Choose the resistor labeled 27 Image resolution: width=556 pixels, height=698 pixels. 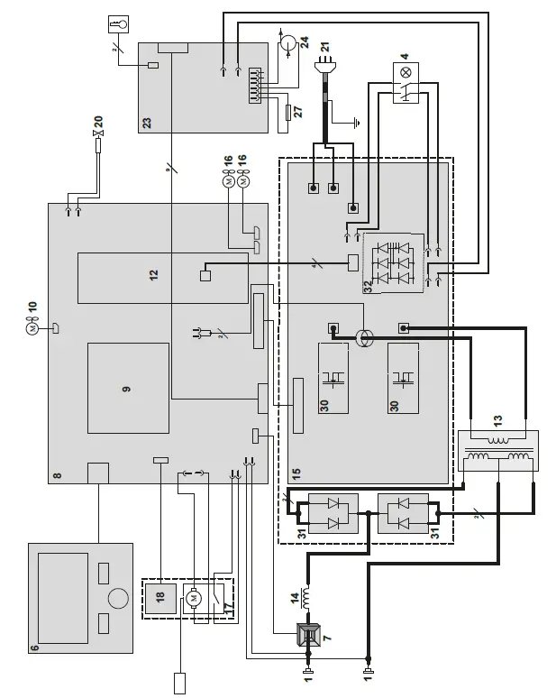288,112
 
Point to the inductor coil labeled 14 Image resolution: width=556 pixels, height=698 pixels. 305,596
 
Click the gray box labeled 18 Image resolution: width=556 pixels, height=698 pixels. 160,599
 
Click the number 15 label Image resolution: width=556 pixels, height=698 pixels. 296,473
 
